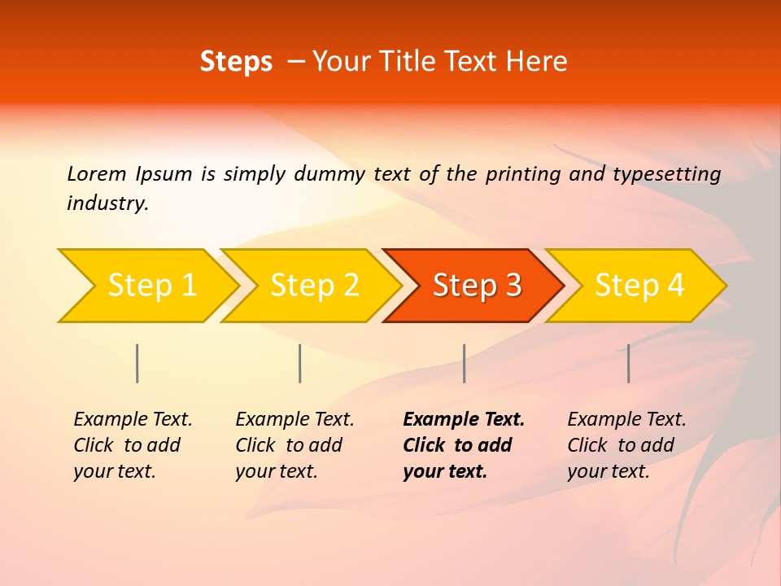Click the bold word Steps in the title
[236, 62]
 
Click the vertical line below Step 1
[137, 363]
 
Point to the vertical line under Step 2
[300, 363]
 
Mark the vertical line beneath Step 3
[464, 363]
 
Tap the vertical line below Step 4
[628, 363]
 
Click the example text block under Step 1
[133, 445]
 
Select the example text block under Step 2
[295, 445]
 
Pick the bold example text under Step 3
[464, 445]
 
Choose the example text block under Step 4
[626, 445]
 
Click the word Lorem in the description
[97, 173]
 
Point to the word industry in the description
[107, 203]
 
